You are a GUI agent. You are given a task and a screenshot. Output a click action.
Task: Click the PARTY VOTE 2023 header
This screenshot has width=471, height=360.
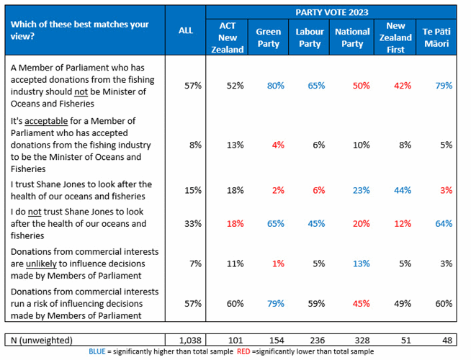[x=331, y=12]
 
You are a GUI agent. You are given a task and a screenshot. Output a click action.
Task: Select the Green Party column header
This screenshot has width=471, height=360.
[x=269, y=37]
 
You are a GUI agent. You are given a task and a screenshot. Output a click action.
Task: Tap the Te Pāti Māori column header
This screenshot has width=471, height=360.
[x=437, y=37]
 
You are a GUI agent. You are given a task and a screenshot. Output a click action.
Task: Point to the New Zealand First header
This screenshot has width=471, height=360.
[x=395, y=37]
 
